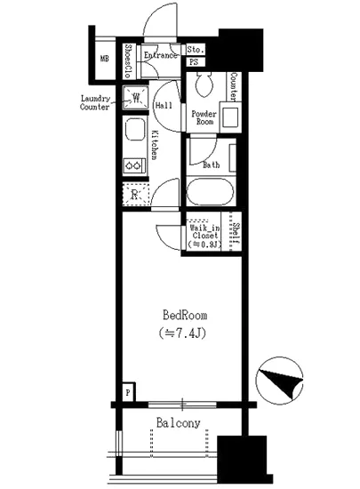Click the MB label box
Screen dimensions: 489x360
(x=106, y=61)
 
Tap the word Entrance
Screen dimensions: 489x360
(x=162, y=54)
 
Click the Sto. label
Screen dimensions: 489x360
(x=196, y=50)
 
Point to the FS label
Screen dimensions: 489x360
(x=194, y=62)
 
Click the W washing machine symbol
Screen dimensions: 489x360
(x=136, y=97)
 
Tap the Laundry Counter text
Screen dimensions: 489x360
(x=95, y=102)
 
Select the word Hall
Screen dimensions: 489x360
(x=164, y=106)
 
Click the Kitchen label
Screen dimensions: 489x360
(x=154, y=143)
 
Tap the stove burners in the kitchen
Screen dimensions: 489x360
(x=134, y=165)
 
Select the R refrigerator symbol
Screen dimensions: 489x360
(x=134, y=194)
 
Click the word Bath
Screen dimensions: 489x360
(x=211, y=164)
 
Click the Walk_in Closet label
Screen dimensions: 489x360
(x=204, y=236)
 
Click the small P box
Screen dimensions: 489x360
(x=128, y=391)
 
